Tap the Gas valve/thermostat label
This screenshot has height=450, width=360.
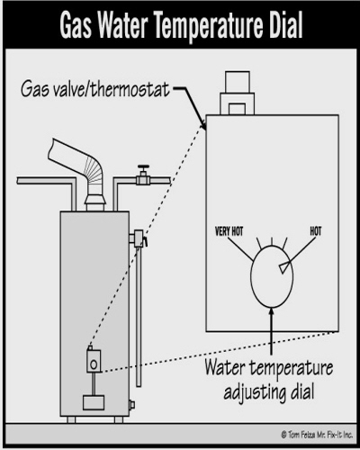pos(95,89)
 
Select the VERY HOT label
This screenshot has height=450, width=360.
pos(229,231)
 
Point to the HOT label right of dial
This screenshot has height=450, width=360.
pos(316,231)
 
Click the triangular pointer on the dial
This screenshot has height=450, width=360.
pos(284,267)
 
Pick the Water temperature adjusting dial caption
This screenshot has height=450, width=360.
pos(269,380)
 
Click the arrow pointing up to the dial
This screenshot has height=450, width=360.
pos(272,330)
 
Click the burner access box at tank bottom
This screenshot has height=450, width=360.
pos(94,402)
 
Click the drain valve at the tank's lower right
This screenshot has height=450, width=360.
pos(132,405)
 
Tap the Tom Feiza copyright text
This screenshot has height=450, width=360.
pos(317,435)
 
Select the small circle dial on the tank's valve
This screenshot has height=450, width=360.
pos(94,364)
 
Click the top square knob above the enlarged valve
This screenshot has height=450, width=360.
pos(238,81)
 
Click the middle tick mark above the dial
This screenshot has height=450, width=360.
pos(272,240)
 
